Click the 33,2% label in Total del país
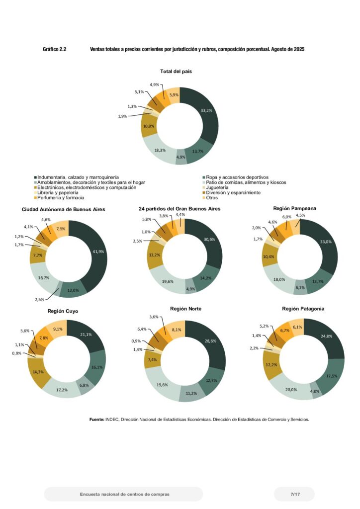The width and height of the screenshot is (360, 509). click(206, 111)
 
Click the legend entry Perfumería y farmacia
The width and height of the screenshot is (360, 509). click(59, 198)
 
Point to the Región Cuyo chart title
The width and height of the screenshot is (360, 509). click(63, 311)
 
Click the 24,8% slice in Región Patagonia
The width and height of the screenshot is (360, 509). click(327, 337)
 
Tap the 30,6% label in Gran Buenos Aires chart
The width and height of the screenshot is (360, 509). click(209, 239)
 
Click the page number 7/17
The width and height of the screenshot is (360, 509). click(295, 494)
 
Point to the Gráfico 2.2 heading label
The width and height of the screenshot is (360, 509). click(55, 50)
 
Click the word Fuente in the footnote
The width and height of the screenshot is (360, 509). click(96, 420)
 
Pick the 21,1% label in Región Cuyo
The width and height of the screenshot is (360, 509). click(86, 335)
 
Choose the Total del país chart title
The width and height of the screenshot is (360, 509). click(176, 71)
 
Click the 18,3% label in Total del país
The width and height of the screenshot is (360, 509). click(160, 150)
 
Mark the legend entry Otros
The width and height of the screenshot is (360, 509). click(212, 198)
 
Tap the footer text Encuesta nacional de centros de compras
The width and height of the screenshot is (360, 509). click(124, 494)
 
